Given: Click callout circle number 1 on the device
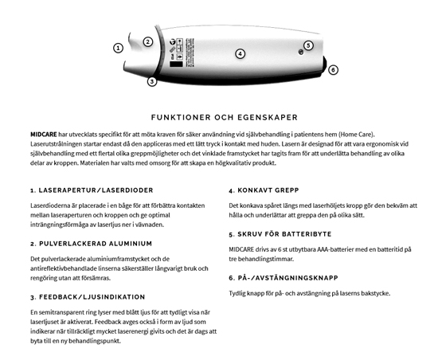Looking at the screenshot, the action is point(118,48).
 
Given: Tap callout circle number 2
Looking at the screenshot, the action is point(147,41).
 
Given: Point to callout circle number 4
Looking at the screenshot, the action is point(240,54).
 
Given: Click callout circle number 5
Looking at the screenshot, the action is point(308,45).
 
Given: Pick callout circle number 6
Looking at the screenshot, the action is point(333,70).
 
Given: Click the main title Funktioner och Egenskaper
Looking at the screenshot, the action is point(218,115).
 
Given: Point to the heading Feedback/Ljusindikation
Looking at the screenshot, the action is point(84,296).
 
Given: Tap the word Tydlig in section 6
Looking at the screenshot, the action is point(241,292).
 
